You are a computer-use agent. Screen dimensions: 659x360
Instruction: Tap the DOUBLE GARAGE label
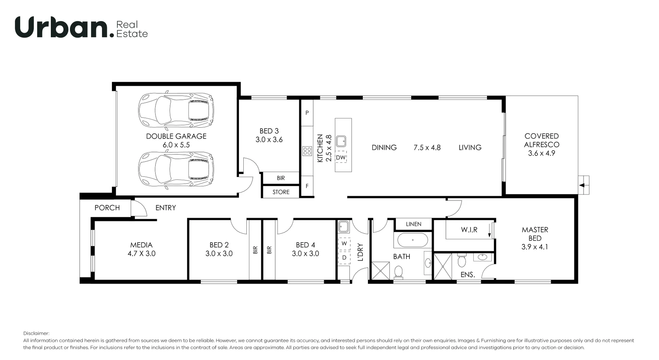[176, 136]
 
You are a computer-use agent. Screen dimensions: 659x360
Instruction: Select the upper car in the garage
[176, 109]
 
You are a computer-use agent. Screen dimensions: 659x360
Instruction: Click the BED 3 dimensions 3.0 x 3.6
[269, 140]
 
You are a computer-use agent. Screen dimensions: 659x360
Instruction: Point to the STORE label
[281, 192]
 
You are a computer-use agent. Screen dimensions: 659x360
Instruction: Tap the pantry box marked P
[307, 113]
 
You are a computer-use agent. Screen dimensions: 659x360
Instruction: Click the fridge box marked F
[307, 186]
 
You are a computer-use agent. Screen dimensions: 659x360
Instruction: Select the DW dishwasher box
[341, 158]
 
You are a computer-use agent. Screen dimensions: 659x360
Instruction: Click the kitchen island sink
[341, 141]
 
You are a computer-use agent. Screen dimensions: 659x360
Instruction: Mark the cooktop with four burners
[307, 151]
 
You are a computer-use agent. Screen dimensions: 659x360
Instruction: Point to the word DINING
[384, 148]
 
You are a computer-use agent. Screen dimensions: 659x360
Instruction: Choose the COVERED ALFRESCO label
[542, 140]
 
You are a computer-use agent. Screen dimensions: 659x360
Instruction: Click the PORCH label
[107, 208]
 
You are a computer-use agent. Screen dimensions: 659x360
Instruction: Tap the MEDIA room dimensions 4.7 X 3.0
[141, 254]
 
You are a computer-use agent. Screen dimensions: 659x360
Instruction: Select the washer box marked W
[344, 243]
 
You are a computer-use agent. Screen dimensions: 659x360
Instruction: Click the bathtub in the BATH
[413, 240]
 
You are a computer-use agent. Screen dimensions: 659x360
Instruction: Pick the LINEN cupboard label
[414, 224]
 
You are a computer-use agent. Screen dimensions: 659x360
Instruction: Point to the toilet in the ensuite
[462, 260]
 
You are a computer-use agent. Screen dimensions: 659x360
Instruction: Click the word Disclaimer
[36, 333]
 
